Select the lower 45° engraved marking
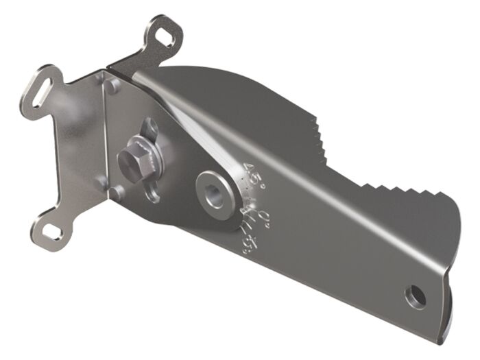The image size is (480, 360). (245, 237)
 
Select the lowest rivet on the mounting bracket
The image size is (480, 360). (100, 181)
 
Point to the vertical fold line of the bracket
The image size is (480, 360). (104, 137)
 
